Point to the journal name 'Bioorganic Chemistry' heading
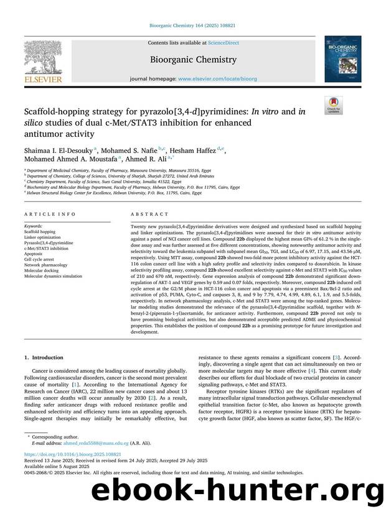click(x=192, y=60)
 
